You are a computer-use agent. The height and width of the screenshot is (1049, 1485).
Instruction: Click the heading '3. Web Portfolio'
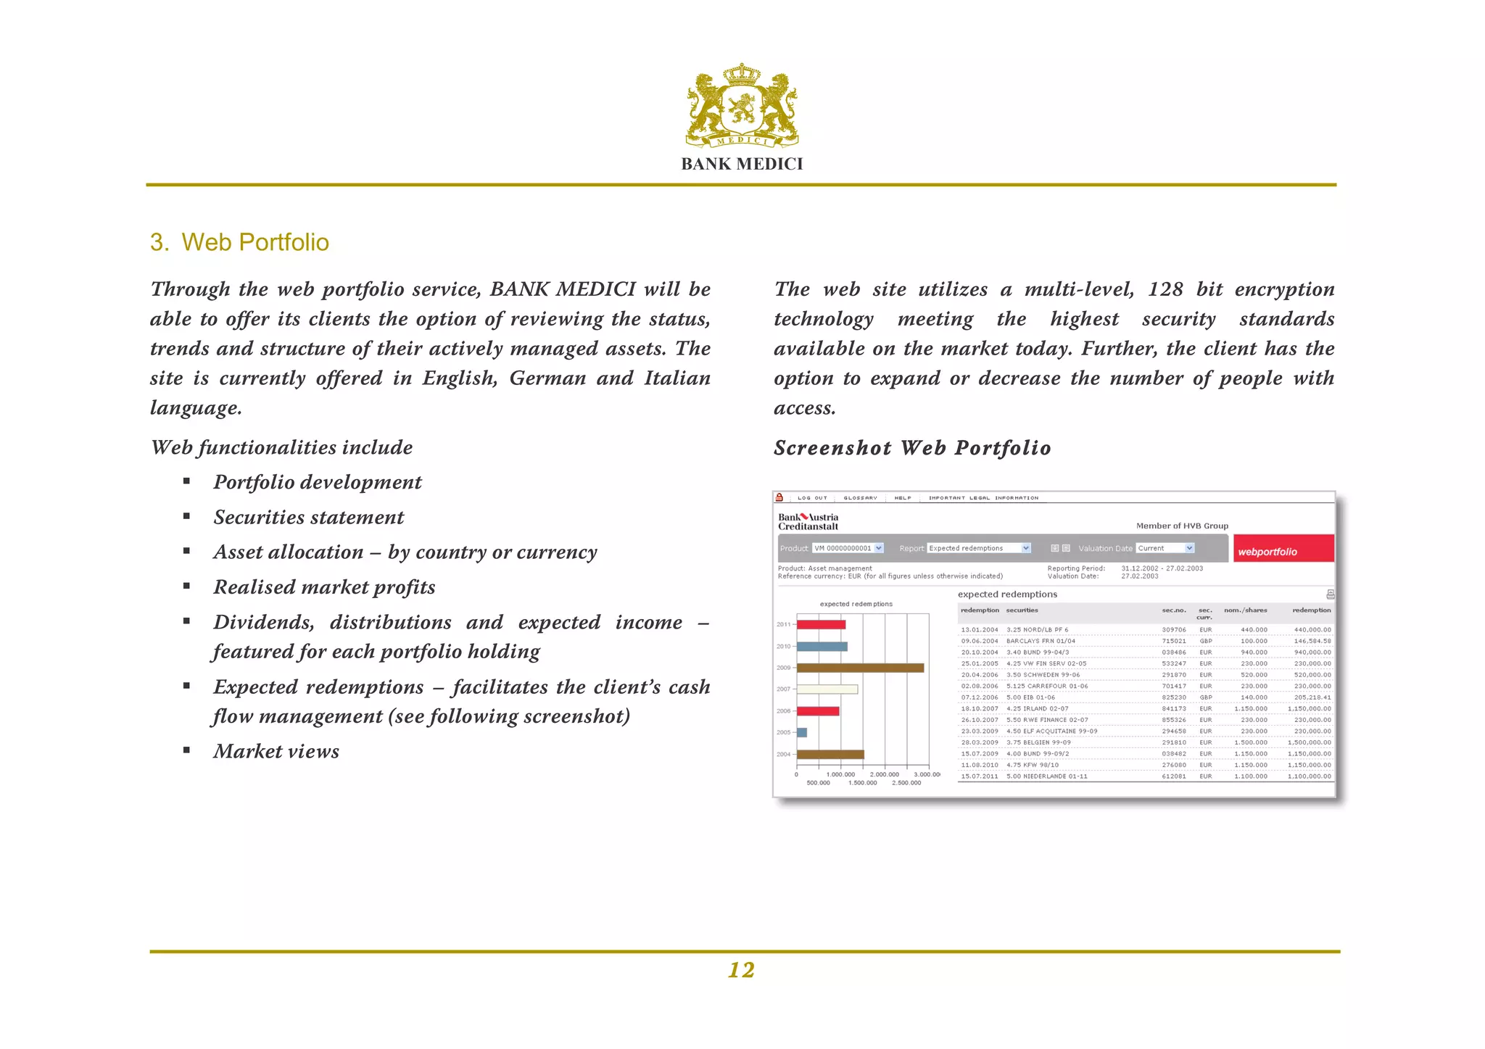point(239,242)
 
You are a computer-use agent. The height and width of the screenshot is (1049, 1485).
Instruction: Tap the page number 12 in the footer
point(741,970)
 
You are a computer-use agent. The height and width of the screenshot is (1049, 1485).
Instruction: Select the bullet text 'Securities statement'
point(308,518)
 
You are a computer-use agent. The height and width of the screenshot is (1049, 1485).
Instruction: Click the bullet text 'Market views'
point(276,752)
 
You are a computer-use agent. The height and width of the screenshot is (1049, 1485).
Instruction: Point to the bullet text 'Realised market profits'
point(324,587)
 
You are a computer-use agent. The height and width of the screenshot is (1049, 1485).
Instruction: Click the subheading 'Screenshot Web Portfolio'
point(911,448)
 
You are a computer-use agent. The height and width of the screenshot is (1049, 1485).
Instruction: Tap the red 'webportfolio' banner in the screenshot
point(1283,550)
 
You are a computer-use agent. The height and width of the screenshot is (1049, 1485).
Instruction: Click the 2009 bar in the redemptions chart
point(860,668)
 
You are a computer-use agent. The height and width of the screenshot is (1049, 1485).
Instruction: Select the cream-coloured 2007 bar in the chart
point(827,689)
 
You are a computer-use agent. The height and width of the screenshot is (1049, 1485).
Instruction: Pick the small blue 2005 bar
point(802,732)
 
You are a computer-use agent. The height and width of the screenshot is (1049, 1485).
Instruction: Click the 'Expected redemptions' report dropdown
point(979,548)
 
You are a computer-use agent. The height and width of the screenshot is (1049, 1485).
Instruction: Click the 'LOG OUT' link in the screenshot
point(811,498)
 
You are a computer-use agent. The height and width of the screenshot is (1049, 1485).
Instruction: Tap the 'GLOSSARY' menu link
point(860,498)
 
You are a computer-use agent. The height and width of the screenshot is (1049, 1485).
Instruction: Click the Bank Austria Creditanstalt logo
point(808,522)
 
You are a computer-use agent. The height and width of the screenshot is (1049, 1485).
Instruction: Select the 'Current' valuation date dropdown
point(1165,548)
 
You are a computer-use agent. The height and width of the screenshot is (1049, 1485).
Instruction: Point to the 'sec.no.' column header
point(1173,610)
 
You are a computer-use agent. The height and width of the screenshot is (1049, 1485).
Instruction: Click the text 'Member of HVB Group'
point(1181,526)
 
